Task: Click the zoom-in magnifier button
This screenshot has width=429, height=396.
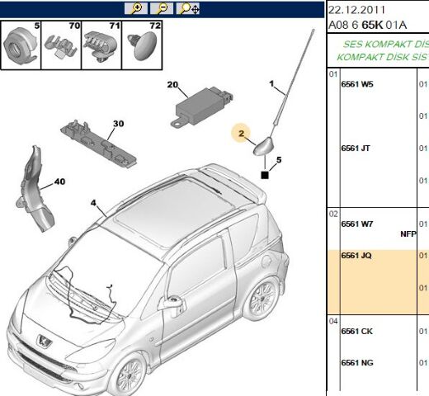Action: click(x=136, y=8)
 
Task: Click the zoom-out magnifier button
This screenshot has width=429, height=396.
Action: click(x=162, y=8)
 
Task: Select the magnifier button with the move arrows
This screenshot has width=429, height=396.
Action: click(x=187, y=8)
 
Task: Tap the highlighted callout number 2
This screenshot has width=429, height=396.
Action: click(x=241, y=134)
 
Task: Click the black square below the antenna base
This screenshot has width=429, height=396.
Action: click(x=265, y=175)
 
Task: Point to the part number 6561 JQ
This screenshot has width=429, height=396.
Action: click(x=356, y=256)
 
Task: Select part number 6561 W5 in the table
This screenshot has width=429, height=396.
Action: click(x=357, y=84)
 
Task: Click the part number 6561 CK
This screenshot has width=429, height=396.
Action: click(x=357, y=332)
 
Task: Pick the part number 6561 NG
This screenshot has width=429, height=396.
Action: click(x=357, y=363)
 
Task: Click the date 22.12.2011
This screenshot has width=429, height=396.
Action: click(x=356, y=10)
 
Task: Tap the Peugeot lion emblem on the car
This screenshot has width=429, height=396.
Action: click(x=44, y=341)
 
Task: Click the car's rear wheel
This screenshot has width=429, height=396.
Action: click(x=261, y=299)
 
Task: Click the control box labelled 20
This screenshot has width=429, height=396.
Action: click(x=202, y=106)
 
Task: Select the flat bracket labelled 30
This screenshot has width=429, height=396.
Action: click(x=98, y=144)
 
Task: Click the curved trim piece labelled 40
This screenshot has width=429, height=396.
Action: click(x=34, y=189)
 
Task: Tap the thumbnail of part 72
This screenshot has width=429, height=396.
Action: click(x=142, y=45)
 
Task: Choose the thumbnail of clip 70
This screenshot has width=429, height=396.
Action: click(x=61, y=45)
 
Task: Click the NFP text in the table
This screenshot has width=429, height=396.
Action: click(x=408, y=234)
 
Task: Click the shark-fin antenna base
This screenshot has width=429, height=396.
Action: click(x=263, y=147)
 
